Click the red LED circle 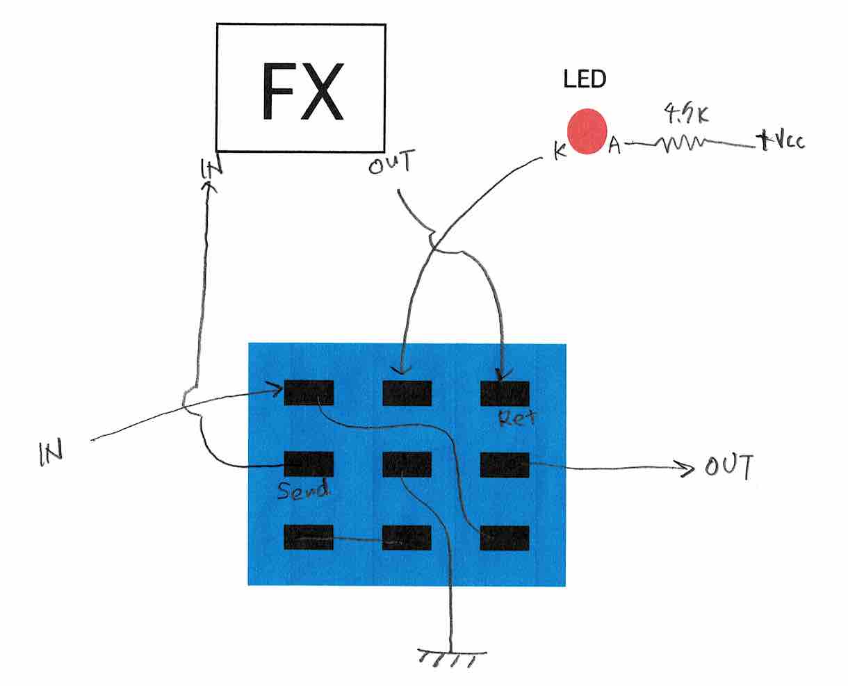587,131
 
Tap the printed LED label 585,80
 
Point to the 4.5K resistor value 685,113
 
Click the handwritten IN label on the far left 51,451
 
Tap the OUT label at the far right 729,467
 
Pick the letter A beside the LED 614,146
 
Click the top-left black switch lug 309,393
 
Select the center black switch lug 407,464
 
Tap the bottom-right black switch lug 505,538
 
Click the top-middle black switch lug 407,393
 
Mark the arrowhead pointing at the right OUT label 688,471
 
